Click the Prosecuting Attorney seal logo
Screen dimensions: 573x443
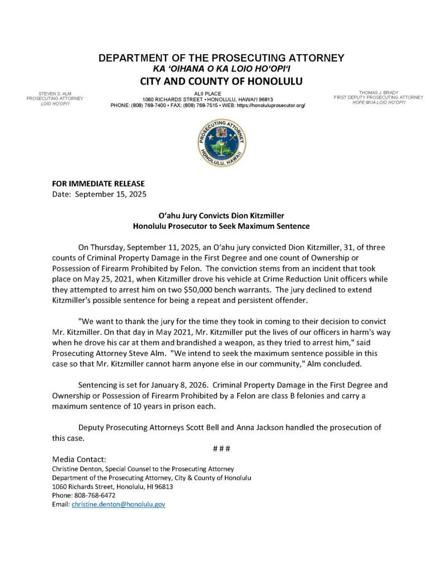click(x=221, y=143)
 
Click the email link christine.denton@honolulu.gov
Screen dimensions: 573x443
click(x=118, y=504)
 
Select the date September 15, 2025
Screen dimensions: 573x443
click(x=110, y=194)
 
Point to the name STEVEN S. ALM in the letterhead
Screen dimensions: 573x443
click(x=54, y=93)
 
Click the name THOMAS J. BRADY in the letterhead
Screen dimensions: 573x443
click(x=378, y=92)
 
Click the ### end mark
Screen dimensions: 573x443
click(x=221, y=449)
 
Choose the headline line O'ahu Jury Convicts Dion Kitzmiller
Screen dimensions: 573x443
click(x=221, y=215)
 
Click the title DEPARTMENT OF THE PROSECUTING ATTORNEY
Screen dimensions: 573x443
click(x=221, y=58)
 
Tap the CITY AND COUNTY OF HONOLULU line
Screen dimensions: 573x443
click(x=221, y=81)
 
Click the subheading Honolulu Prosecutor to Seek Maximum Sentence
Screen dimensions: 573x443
click(x=221, y=226)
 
